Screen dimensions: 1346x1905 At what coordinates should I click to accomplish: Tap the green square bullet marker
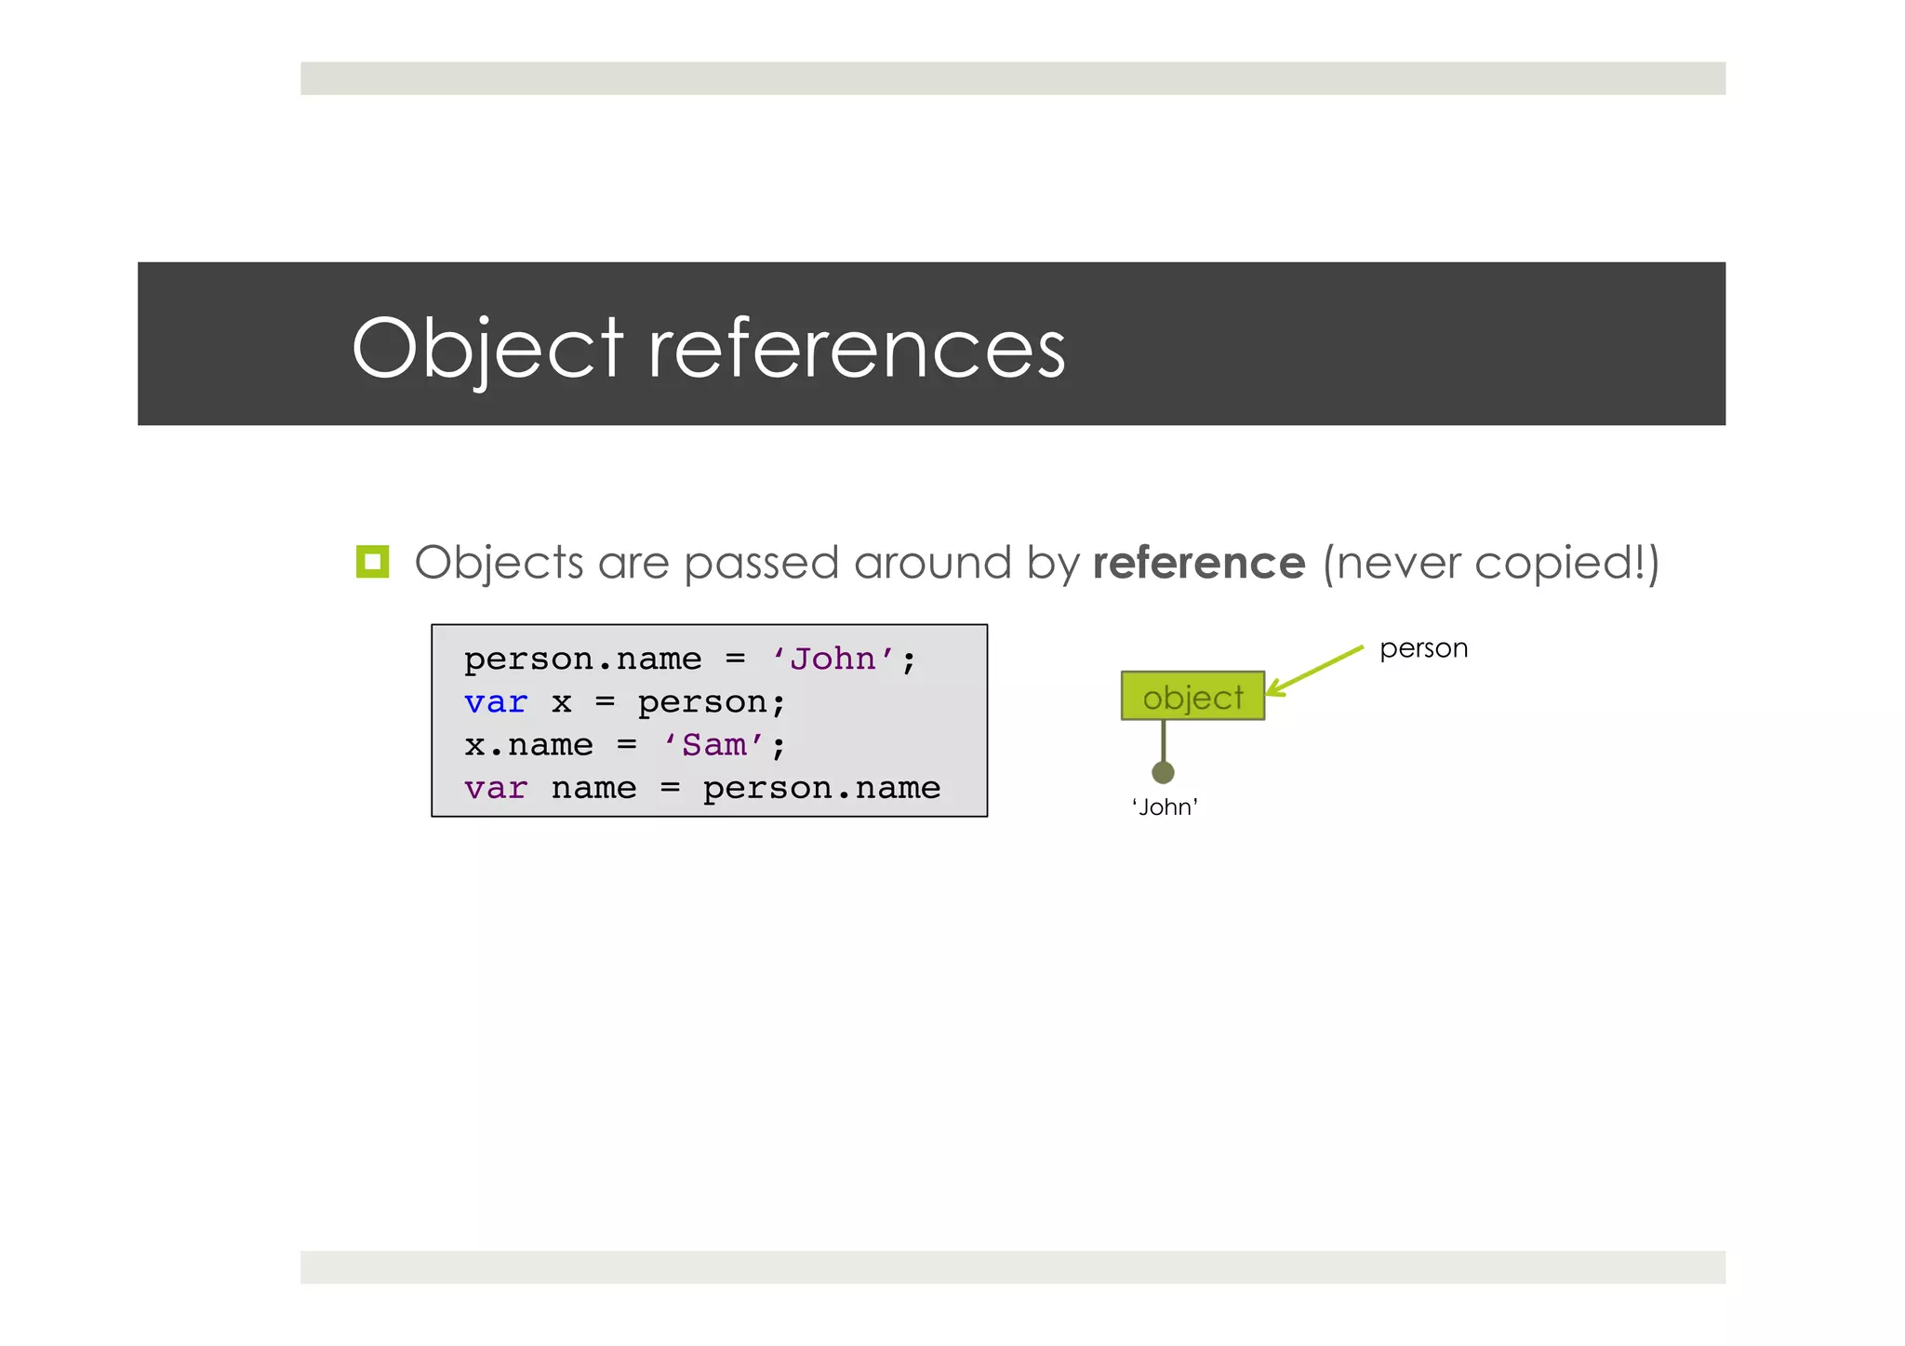click(372, 562)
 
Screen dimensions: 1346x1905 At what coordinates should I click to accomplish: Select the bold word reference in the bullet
click(1198, 563)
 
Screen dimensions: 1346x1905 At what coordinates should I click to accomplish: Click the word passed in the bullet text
click(761, 564)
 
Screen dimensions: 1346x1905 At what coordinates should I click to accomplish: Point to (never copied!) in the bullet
click(1490, 564)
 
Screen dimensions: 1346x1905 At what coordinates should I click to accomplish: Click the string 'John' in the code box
click(833, 660)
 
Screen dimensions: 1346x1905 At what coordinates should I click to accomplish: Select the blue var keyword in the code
click(496, 702)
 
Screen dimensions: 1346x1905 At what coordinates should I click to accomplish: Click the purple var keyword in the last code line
click(496, 789)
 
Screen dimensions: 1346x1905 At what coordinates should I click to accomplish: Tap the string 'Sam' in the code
click(714, 745)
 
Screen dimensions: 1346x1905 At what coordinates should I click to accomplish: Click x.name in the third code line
click(528, 745)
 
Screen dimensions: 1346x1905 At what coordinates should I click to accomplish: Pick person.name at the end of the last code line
click(821, 789)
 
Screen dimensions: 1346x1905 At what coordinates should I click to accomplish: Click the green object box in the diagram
click(1192, 696)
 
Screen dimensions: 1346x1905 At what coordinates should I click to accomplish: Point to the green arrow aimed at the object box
click(1315, 670)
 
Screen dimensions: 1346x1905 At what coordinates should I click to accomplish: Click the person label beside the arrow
click(1423, 648)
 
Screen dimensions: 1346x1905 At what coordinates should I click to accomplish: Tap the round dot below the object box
click(1163, 772)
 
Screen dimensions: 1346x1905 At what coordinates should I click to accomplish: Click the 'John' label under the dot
click(1165, 807)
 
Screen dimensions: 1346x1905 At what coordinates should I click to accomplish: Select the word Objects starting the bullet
click(499, 564)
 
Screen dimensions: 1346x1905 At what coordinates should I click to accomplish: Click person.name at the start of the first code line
click(582, 660)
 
